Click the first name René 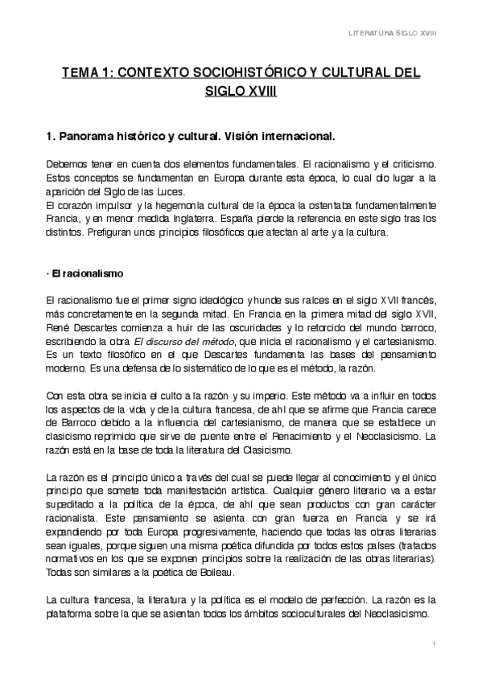[x=58, y=327]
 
